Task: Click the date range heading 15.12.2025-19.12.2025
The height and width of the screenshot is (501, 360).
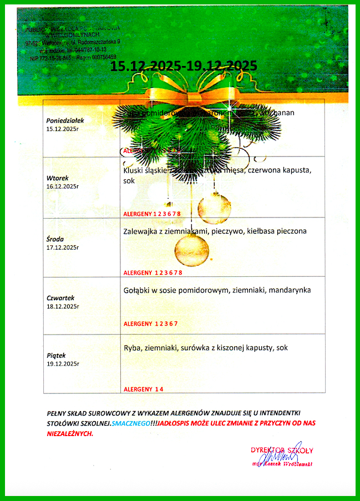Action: pyautogui.click(x=184, y=66)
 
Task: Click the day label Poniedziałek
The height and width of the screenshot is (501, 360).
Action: pyautogui.click(x=65, y=120)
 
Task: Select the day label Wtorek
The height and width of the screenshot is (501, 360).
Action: pyautogui.click(x=58, y=178)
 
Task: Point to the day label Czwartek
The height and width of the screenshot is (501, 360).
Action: pyautogui.click(x=61, y=298)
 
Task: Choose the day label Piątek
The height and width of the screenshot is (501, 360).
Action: pyautogui.click(x=57, y=355)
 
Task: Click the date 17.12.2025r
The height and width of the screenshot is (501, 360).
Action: pyautogui.click(x=63, y=247)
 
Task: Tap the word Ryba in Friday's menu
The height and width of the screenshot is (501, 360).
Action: pyautogui.click(x=131, y=347)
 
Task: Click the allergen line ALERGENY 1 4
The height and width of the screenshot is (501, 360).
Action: pyautogui.click(x=143, y=389)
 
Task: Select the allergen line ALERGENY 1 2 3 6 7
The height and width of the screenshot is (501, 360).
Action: pyautogui.click(x=150, y=323)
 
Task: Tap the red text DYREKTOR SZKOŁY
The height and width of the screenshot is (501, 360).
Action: pyautogui.click(x=282, y=449)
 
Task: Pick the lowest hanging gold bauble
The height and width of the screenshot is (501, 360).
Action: pyautogui.click(x=191, y=249)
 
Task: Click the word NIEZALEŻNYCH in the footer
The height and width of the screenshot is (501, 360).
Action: pyautogui.click(x=69, y=433)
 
